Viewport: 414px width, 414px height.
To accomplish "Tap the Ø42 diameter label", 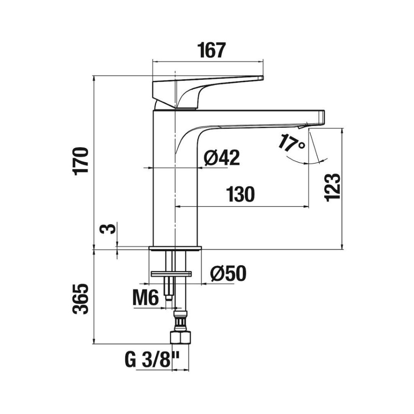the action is point(222,157).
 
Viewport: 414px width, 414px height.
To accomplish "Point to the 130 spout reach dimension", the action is point(241,194).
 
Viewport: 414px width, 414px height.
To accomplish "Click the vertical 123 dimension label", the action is point(332,188).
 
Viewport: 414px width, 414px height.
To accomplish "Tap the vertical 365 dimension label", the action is point(80,299).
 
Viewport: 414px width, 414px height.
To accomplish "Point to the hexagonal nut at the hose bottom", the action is point(180,338).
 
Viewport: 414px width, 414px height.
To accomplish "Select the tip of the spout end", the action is point(324,117).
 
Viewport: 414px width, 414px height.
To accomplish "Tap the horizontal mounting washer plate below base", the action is point(171,274).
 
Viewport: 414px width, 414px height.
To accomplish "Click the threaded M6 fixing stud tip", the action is point(169,298).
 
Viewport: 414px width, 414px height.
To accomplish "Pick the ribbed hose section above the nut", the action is point(180,321).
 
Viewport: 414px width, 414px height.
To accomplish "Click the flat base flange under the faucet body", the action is point(175,248).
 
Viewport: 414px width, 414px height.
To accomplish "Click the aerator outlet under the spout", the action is point(303,126).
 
